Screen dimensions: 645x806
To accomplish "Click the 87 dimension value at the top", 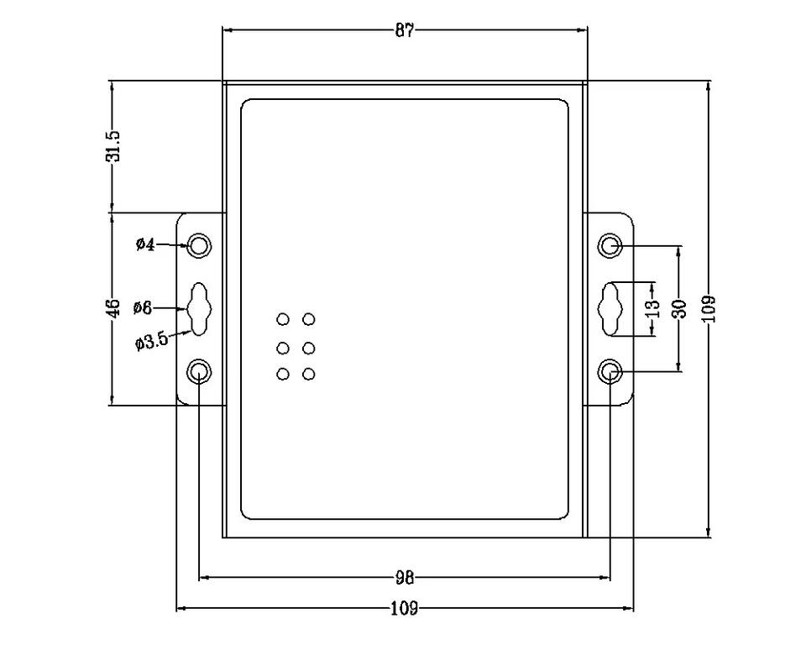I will point(405,30).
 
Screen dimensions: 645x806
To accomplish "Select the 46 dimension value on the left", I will point(116,307).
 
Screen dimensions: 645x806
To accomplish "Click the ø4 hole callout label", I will point(144,245).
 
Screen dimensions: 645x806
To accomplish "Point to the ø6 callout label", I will point(142,307).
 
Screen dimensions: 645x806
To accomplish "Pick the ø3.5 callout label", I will point(151,340).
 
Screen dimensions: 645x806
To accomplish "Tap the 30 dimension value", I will point(679,307).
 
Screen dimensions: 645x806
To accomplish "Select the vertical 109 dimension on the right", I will point(710,307).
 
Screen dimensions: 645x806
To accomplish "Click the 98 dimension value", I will point(405,578).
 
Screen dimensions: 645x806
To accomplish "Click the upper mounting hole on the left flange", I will point(199,245).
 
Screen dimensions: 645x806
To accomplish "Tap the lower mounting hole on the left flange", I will point(199,370).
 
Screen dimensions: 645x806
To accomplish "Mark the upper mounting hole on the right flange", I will point(610,245).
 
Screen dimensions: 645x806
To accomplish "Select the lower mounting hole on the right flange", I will point(610,370).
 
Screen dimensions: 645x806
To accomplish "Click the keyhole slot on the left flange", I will point(199,308).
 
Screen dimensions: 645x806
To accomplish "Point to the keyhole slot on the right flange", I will point(610,308).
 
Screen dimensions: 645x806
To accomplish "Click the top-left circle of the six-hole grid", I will point(283,319).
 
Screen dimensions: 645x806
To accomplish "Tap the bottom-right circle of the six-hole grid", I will point(309,374).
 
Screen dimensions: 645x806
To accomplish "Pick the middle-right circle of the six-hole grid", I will point(309,348).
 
